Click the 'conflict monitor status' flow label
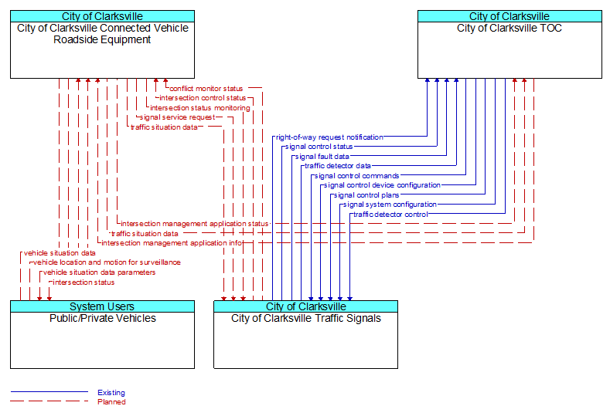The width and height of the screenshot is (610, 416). [206, 89]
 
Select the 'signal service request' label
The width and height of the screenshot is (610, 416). [177, 117]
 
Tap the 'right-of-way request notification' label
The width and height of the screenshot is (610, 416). [329, 137]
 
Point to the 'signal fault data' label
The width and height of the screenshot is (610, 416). [322, 157]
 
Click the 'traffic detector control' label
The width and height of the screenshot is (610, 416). [390, 215]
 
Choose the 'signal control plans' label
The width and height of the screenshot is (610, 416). [366, 195]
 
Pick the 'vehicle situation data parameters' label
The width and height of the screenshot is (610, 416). [99, 272]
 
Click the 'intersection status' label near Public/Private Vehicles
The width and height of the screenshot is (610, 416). [83, 282]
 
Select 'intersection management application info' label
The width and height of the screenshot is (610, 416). [172, 243]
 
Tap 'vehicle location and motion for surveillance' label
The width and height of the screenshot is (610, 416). [107, 262]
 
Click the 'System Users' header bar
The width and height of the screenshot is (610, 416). [102, 306]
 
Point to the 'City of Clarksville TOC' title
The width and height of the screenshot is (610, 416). [509, 28]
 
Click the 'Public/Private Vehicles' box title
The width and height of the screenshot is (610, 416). [103, 318]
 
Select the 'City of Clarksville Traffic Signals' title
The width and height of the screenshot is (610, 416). [306, 318]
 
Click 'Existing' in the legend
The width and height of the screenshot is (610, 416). [111, 393]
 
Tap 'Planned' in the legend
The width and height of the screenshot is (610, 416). [111, 402]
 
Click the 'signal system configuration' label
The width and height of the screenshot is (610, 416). [390, 205]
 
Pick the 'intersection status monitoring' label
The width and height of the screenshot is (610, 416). [200, 108]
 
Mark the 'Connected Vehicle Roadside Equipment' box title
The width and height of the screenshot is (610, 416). [102, 34]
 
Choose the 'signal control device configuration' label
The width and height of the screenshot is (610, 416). [382, 185]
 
